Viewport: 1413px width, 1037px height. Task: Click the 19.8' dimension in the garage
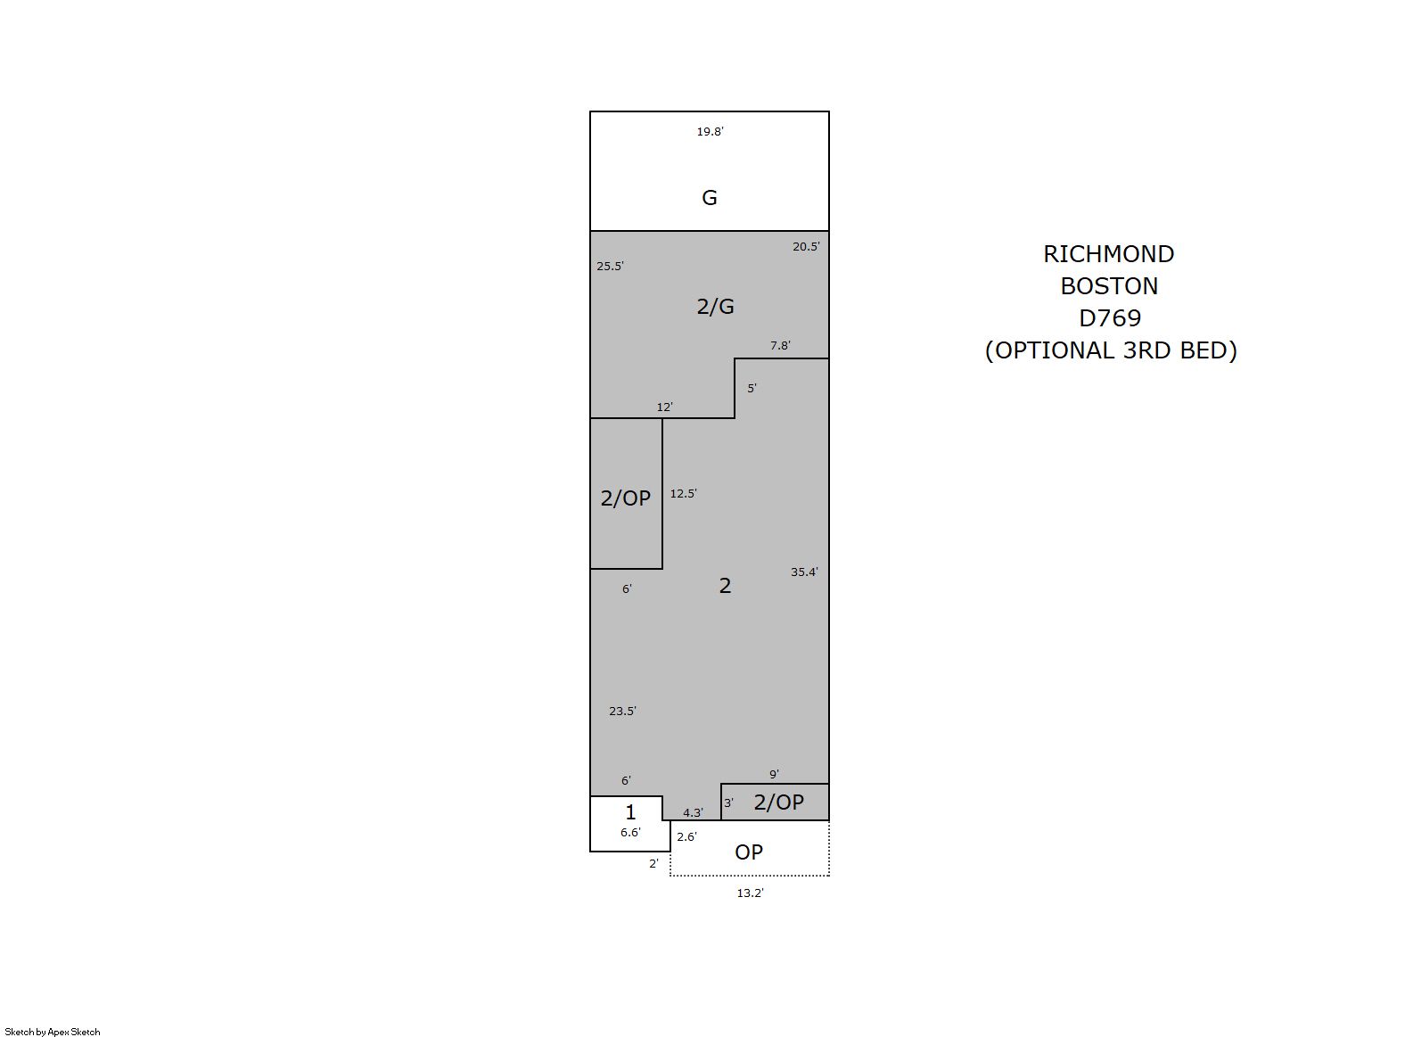(x=710, y=132)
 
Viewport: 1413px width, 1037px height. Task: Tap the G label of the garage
(x=710, y=198)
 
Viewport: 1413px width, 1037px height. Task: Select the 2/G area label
(x=715, y=307)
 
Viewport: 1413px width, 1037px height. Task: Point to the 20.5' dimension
(x=806, y=247)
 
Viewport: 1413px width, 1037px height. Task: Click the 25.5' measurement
(x=610, y=267)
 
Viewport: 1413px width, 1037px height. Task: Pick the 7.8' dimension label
(x=780, y=346)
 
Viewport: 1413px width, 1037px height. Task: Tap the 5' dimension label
(x=752, y=389)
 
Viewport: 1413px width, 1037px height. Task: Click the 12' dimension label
(x=665, y=407)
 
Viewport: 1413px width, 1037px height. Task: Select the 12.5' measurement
(x=683, y=494)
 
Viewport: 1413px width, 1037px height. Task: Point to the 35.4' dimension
(x=804, y=572)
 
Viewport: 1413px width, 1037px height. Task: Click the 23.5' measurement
(x=622, y=712)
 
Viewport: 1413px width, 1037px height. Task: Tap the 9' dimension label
(x=774, y=775)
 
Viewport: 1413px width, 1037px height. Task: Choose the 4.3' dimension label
(x=694, y=813)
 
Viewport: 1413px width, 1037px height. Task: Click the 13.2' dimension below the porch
(x=750, y=893)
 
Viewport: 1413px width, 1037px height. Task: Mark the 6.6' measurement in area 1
(x=630, y=833)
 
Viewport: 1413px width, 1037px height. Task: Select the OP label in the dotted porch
(x=749, y=852)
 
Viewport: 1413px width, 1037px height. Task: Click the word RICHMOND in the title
(x=1108, y=254)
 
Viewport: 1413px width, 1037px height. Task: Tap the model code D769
(x=1110, y=318)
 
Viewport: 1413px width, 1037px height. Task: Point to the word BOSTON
(x=1109, y=286)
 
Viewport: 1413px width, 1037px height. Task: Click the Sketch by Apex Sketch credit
(x=53, y=1032)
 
